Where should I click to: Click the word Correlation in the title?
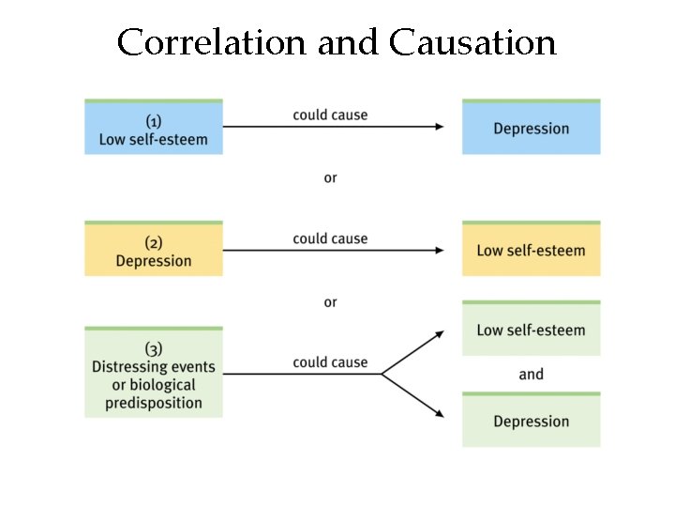coord(214,42)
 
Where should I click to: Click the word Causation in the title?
coord(472,42)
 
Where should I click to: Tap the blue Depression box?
coord(531,128)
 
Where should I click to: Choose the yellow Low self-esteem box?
coord(531,250)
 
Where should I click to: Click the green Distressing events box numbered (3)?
coord(154,374)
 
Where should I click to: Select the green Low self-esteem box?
coord(531,330)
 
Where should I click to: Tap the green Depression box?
coord(531,421)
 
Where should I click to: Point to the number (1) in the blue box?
coord(154,121)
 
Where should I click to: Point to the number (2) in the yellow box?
coord(154,243)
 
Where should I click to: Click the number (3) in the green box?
coord(154,348)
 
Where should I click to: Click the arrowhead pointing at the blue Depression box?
coord(439,126)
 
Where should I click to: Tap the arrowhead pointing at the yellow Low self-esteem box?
coord(439,250)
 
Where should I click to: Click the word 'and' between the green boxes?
coord(531,375)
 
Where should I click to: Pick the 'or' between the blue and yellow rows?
coord(330,177)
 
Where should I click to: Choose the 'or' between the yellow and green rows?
coord(330,302)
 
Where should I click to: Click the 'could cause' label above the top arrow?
coord(330,115)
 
